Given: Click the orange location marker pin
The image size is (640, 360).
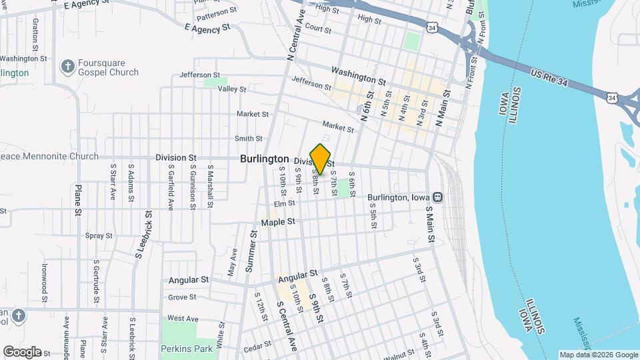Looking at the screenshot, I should pyautogui.click(x=321, y=159).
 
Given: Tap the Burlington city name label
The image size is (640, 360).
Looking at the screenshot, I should pyautogui.click(x=265, y=159).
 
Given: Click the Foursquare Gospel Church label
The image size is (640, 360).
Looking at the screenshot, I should pyautogui.click(x=108, y=67).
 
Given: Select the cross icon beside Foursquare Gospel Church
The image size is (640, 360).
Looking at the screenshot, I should pyautogui.click(x=67, y=67).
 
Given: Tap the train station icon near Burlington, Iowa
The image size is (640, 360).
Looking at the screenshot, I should pyautogui.click(x=438, y=197).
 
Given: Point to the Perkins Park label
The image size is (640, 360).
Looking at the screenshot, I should pyautogui.click(x=187, y=348).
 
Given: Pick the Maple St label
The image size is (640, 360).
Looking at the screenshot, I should pyautogui.click(x=278, y=221).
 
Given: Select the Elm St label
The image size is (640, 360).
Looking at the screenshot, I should pyautogui.click(x=284, y=204).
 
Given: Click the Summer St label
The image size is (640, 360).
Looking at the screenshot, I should pyautogui.click(x=251, y=251).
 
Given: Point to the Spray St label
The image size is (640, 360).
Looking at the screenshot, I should pyautogui.click(x=99, y=235).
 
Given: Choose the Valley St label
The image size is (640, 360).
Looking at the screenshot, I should pyautogui.click(x=233, y=89).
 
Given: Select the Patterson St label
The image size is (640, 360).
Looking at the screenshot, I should pyautogui.click(x=217, y=11).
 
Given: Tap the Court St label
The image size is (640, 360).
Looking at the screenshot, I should pyautogui.click(x=319, y=29).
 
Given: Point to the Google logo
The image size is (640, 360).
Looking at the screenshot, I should pyautogui.click(x=22, y=351).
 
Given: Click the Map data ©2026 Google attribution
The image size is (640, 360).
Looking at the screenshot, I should pyautogui.click(x=598, y=355).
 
